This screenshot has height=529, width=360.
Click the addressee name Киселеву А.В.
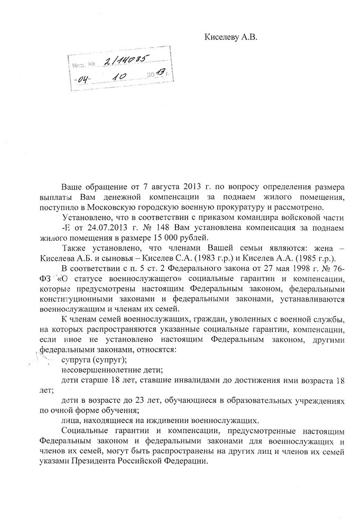coord(232,38)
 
